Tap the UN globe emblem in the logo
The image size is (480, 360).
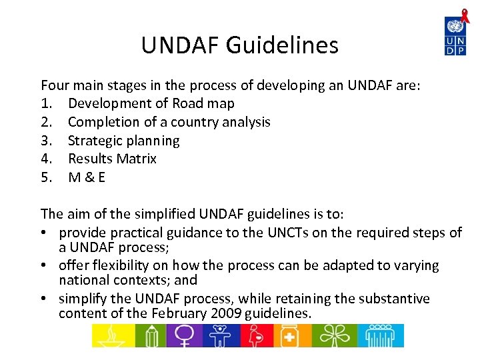click(x=456, y=27)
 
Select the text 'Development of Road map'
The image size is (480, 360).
click(x=151, y=103)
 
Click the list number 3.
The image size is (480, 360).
click(x=45, y=141)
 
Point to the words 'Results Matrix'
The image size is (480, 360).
click(x=112, y=159)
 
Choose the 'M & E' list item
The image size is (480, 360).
click(x=87, y=177)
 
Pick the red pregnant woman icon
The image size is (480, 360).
click(x=257, y=335)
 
